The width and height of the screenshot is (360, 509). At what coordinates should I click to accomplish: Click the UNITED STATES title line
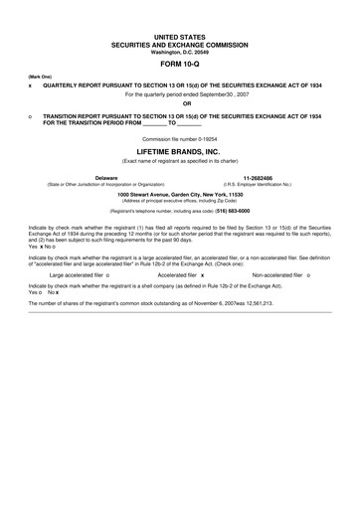click(180, 35)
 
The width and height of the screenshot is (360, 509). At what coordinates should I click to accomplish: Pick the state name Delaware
click(105, 178)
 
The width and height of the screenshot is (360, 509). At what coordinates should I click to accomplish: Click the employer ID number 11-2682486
click(257, 178)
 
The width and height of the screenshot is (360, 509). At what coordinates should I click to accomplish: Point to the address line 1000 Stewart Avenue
click(180, 194)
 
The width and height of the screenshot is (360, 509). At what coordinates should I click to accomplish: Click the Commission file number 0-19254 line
click(180, 139)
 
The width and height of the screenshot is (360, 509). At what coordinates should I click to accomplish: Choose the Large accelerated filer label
click(78, 273)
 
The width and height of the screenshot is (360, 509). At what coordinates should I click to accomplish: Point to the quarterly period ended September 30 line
click(180, 94)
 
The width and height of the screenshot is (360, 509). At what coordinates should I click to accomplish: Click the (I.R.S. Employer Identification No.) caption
click(257, 185)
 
